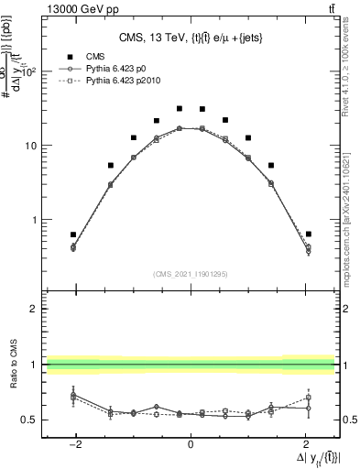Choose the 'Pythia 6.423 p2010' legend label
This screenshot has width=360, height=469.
click(131, 81)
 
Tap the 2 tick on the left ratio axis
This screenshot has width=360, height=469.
click(34, 309)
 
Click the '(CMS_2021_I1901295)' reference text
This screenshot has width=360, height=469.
click(190, 274)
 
